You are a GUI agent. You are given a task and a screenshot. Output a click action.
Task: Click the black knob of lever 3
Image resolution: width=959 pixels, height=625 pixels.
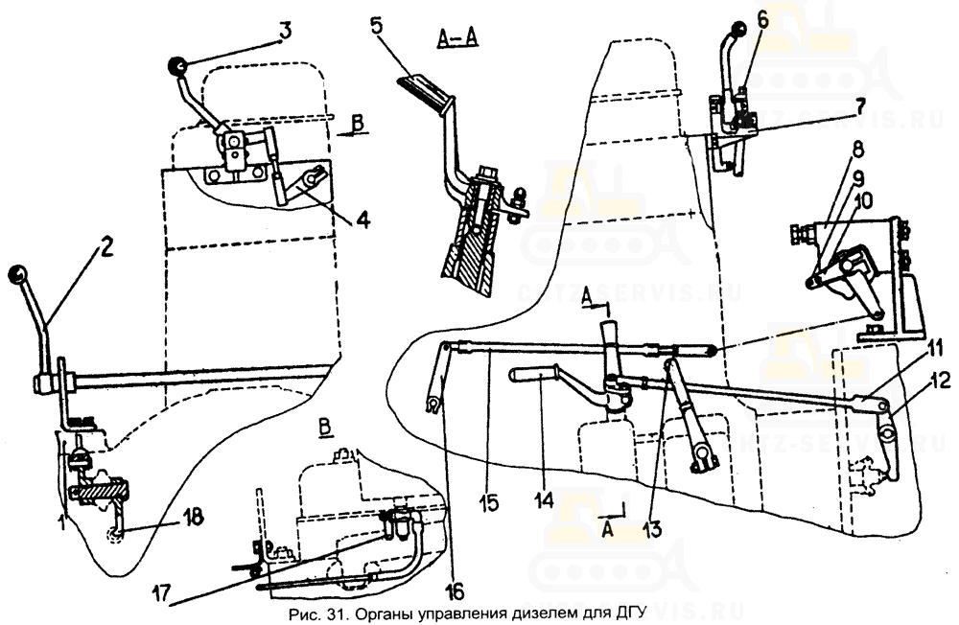pos(177,65)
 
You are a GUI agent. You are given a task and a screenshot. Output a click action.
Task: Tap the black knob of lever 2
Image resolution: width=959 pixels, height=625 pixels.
pos(17,276)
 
